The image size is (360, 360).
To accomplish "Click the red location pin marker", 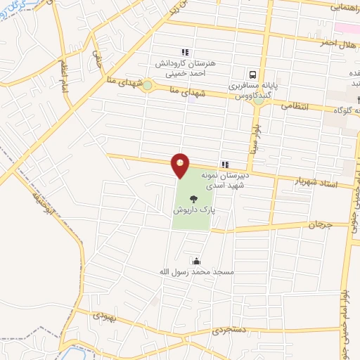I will pyautogui.click(x=181, y=165).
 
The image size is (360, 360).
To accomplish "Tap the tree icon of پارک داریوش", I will pyautogui.click(x=193, y=199).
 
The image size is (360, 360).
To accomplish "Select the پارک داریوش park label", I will pyautogui.click(x=193, y=210).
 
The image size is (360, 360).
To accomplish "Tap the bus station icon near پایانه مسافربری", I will pyautogui.click(x=251, y=74).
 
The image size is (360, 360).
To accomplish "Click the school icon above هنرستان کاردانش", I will pyautogui.click(x=185, y=52).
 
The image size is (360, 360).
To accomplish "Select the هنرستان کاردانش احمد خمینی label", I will pyautogui.click(x=184, y=67).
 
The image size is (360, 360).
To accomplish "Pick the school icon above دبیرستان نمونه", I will pyautogui.click(x=224, y=164).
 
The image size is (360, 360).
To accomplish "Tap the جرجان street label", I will pyautogui.click(x=319, y=225).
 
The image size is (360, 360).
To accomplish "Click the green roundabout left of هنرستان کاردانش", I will pyautogui.click(x=146, y=86).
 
